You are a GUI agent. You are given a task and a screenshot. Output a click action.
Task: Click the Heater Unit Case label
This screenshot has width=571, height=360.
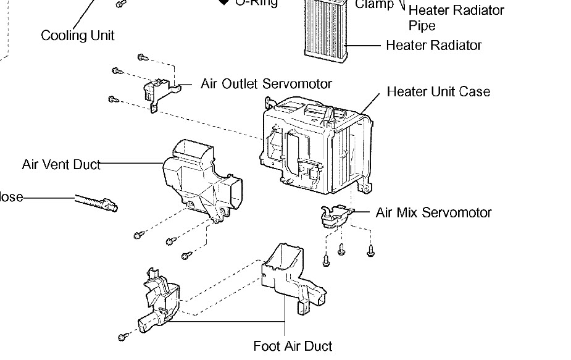tap(438, 92)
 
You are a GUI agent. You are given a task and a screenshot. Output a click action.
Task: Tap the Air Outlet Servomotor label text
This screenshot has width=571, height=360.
tap(266, 83)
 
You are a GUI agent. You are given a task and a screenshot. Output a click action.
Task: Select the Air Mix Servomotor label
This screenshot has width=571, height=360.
tap(433, 212)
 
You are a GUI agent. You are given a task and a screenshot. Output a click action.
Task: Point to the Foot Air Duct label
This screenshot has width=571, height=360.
tap(293, 346)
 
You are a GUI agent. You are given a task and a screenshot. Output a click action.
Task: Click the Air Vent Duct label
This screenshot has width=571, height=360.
tap(60, 164)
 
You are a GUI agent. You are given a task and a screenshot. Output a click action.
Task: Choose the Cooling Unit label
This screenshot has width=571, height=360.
tap(77, 35)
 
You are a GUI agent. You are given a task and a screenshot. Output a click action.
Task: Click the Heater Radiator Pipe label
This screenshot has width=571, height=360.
tap(456, 18)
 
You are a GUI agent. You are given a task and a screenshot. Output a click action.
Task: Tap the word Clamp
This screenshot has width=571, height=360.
tap(374, 5)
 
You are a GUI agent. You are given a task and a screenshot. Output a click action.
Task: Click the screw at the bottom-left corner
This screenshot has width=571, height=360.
tap(123, 337)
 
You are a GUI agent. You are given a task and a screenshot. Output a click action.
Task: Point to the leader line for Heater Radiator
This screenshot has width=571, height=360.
tap(365, 45)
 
